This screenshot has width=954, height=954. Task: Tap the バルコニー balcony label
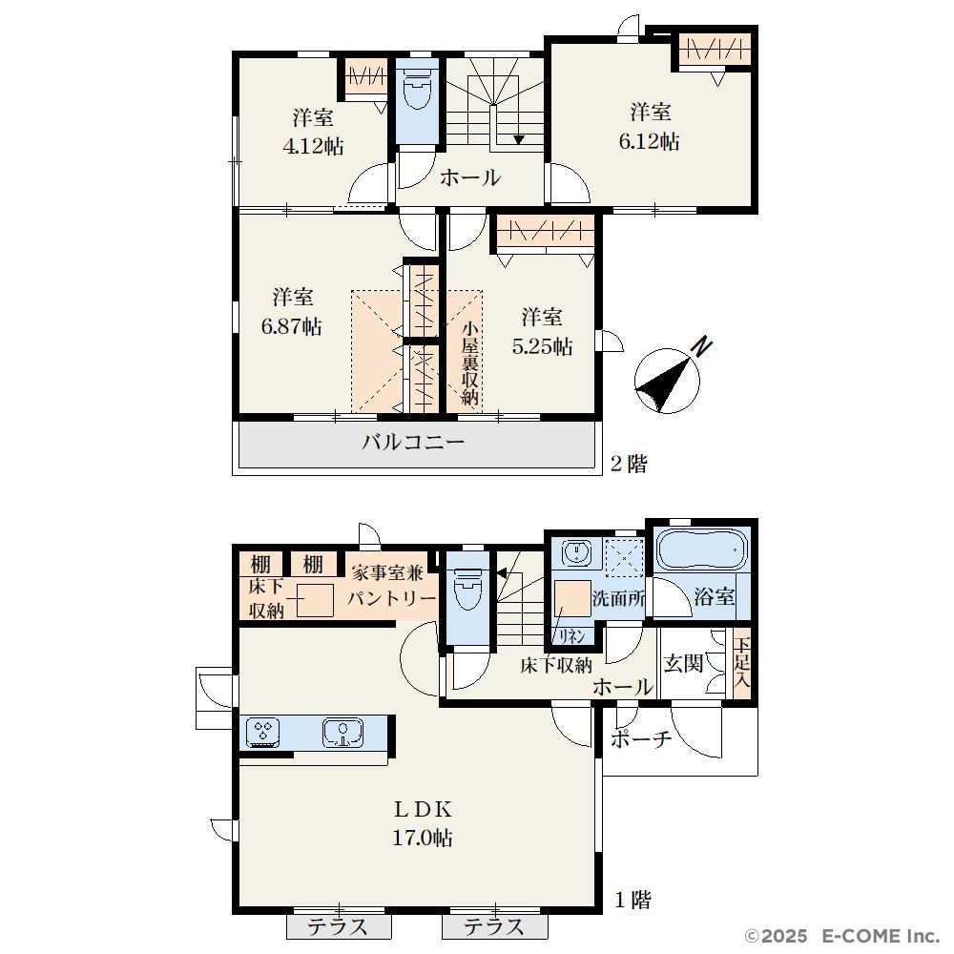tap(413, 442)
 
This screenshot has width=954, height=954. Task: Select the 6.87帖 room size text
tap(291, 326)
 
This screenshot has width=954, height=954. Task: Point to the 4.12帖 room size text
tap(313, 146)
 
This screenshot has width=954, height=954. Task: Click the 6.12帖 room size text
tap(649, 141)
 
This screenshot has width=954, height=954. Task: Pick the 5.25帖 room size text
tap(542, 346)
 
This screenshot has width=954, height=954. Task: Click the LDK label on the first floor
tap(423, 809)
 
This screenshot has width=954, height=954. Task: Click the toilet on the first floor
tap(467, 589)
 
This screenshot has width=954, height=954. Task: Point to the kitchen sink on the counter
tap(343, 732)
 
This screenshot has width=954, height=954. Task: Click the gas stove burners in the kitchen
tap(263, 732)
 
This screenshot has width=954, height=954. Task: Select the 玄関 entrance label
tap(683, 663)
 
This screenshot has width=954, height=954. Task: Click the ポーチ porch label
tap(641, 738)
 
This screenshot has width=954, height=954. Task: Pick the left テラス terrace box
tap(339, 925)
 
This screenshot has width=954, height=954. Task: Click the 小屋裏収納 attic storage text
tap(469, 363)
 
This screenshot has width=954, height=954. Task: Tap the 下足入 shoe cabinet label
tap(741, 663)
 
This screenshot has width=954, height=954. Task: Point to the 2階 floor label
tap(629, 465)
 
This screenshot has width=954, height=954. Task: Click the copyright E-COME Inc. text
tap(843, 935)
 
